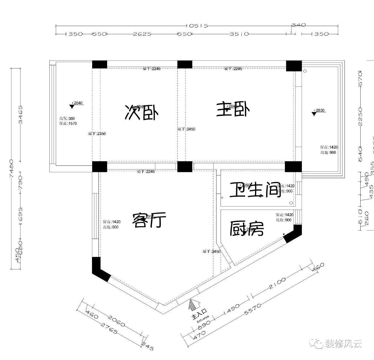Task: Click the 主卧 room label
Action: click(x=233, y=110)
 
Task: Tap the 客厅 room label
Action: click(x=149, y=220)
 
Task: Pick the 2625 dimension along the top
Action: click(x=142, y=34)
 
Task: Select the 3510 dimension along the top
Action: click(x=239, y=34)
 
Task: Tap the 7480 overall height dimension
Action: click(x=12, y=168)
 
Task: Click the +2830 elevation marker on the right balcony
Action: click(x=318, y=111)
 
